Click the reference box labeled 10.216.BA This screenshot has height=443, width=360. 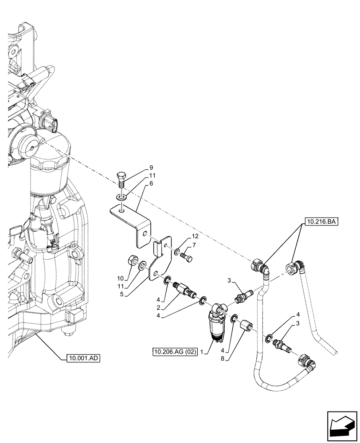(321, 220)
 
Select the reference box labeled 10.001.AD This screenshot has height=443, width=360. (84, 358)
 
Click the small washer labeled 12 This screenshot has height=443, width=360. (176, 253)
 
